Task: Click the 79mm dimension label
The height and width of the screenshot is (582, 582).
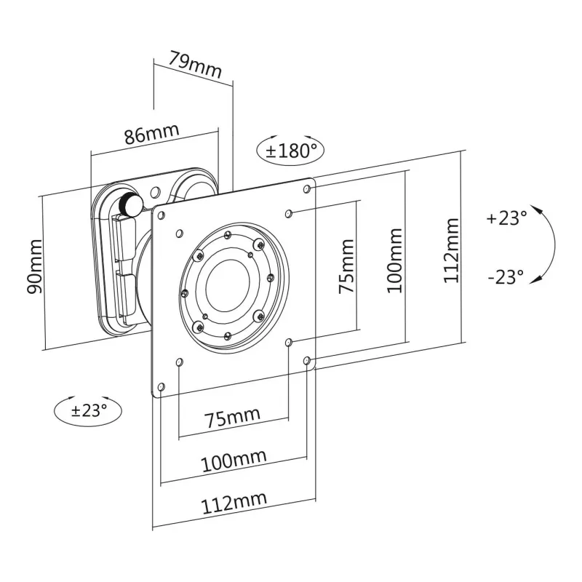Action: [x=194, y=63]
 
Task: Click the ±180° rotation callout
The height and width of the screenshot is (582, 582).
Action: [x=291, y=151]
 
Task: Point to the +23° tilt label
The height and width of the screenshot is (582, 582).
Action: [x=506, y=218]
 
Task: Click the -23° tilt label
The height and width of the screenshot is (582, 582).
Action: [x=506, y=276]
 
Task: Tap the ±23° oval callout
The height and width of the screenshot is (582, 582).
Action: [x=89, y=410]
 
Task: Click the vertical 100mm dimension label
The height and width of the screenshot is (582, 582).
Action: [x=394, y=260]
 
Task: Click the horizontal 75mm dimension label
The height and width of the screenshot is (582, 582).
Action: [x=231, y=419]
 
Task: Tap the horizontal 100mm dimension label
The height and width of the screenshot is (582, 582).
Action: [x=234, y=460]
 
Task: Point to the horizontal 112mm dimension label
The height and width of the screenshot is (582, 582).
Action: [x=234, y=501]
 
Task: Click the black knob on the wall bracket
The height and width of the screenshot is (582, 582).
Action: [x=129, y=205]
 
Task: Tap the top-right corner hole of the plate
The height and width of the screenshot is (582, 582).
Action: [x=306, y=189]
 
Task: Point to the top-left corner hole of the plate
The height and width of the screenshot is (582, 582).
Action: [x=161, y=215]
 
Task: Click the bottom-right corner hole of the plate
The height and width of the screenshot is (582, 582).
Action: [x=306, y=360]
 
